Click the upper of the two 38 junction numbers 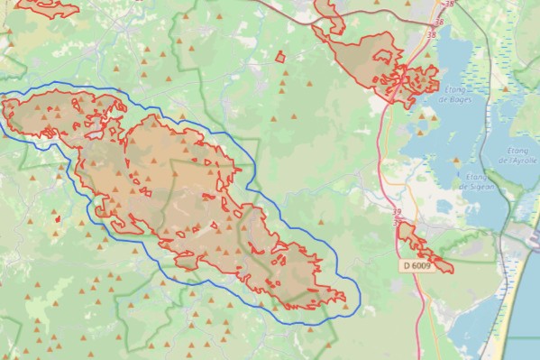(439, 21)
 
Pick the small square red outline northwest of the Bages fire (280, 57)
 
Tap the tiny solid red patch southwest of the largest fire (57, 217)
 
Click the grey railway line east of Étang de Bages (487, 54)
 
